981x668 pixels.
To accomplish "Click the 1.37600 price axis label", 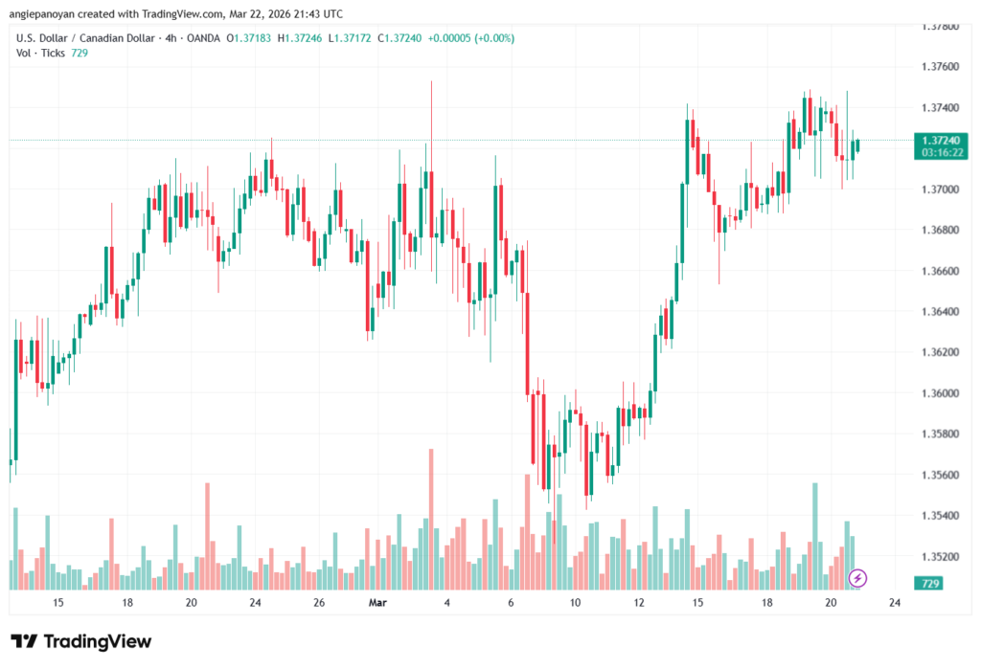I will click(939, 67).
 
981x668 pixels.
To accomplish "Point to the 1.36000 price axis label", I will click(939, 393).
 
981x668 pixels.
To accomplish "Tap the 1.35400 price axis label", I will click(939, 516).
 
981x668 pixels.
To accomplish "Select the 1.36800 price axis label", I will click(939, 231).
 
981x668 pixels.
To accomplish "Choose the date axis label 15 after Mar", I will click(697, 603).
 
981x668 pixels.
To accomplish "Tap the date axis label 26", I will click(319, 603).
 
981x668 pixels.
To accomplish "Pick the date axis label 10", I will click(575, 603).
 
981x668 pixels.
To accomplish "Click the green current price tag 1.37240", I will click(939, 140).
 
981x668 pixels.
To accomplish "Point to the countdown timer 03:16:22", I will click(939, 152).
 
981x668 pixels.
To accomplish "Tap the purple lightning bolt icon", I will click(858, 578).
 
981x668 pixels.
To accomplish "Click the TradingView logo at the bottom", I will click(81, 641).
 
